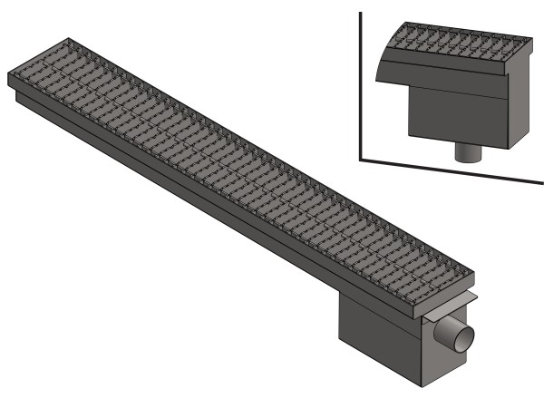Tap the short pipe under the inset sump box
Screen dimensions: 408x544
[467, 152]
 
